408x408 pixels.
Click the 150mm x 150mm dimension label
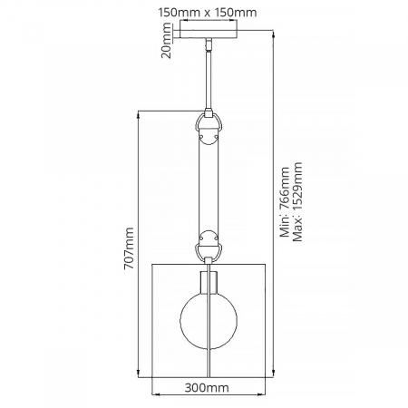[208, 13]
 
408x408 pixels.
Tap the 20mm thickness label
[166, 41]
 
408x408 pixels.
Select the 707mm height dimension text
[129, 248]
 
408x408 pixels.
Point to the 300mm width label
[207, 387]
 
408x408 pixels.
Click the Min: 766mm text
[285, 202]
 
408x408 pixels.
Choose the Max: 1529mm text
[297, 202]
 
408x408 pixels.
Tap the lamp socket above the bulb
[209, 283]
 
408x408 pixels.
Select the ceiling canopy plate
[209, 34]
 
